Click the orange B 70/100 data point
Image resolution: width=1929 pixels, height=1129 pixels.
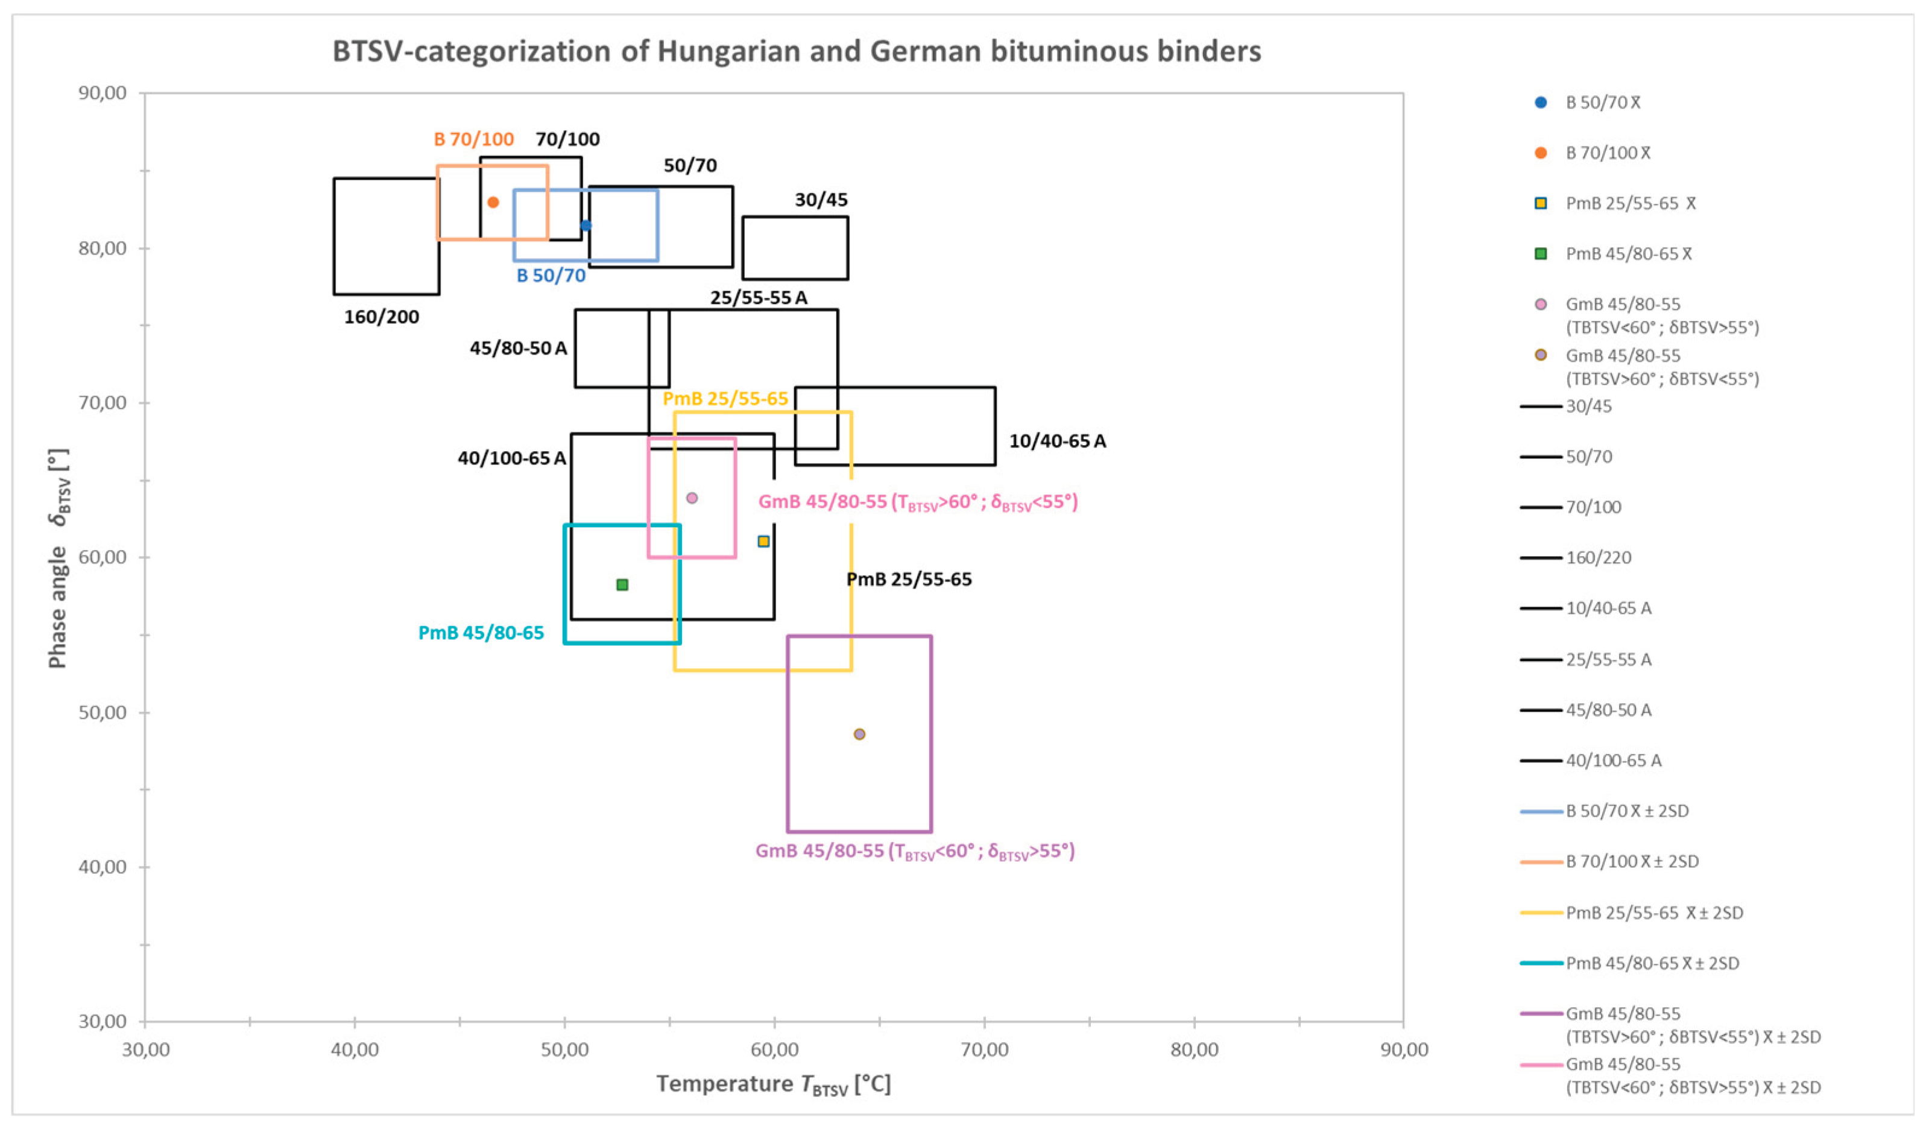(x=493, y=202)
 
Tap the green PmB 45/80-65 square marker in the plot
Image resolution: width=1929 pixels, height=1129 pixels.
(x=622, y=585)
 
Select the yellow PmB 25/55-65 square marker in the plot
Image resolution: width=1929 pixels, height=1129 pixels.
(x=763, y=541)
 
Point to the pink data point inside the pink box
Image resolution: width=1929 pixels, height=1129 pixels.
(x=692, y=498)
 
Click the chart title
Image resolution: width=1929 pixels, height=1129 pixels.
(x=796, y=51)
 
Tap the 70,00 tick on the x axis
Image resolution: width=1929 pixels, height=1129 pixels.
(x=985, y=1049)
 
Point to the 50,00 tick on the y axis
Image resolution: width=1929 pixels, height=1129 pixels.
(x=103, y=712)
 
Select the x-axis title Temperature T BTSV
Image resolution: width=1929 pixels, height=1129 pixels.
(x=773, y=1084)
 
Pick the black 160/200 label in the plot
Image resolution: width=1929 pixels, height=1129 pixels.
(x=381, y=317)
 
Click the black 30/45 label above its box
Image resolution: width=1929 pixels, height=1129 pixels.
(x=821, y=200)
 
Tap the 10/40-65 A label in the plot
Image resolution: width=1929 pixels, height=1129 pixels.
(x=1057, y=441)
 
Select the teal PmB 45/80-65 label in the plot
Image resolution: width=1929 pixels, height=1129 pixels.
(x=481, y=633)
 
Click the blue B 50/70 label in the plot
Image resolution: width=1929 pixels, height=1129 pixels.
(x=551, y=276)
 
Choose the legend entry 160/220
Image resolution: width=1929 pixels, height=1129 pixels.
(x=1599, y=558)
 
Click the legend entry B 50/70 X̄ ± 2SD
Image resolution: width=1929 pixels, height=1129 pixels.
(x=1627, y=811)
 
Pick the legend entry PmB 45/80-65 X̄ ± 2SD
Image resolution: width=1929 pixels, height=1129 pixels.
(x=1652, y=963)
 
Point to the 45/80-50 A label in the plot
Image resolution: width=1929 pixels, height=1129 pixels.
(x=518, y=348)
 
